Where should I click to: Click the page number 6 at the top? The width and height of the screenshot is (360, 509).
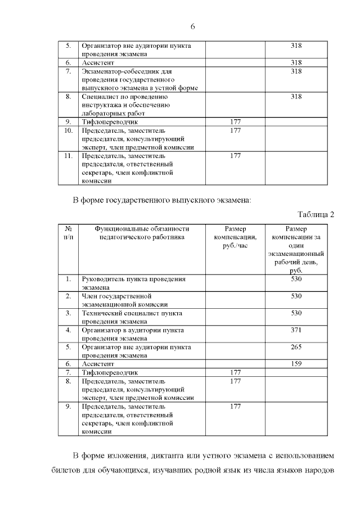tap(192, 27)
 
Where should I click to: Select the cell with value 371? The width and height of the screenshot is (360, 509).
tap(296, 330)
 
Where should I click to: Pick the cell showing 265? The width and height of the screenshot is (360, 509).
tap(296, 347)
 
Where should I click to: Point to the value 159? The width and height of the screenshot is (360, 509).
tap(296, 364)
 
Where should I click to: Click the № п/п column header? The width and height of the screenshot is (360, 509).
tap(68, 233)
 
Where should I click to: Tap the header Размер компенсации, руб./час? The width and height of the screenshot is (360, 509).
tap(235, 237)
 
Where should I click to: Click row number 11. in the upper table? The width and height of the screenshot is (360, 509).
tap(68, 156)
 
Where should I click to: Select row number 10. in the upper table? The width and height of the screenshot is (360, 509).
tap(68, 130)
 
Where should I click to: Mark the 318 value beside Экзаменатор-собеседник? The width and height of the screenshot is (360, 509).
tap(296, 72)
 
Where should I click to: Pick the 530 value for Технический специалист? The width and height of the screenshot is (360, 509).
tap(296, 313)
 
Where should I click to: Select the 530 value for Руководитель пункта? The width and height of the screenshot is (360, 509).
tap(296, 279)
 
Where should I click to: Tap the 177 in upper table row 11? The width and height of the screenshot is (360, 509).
tap(235, 156)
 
